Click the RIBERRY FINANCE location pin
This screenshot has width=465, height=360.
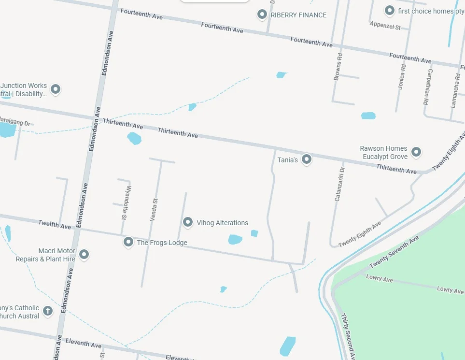[262, 14]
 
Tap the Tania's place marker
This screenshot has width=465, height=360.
[306, 159]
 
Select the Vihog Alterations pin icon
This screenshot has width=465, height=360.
[188, 222]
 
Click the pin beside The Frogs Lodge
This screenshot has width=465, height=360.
[128, 242]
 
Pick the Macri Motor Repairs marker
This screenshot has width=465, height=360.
[84, 254]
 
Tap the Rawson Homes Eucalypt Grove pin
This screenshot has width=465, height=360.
[416, 152]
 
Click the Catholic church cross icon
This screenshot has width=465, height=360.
[48, 311]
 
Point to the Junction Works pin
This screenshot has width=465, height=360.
[56, 89]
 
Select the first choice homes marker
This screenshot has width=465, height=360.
[389, 10]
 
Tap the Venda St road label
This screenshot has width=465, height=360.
[154, 210]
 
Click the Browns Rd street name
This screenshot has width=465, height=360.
[338, 67]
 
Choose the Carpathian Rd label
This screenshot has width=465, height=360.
[426, 87]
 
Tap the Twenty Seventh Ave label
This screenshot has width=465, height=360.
[394, 253]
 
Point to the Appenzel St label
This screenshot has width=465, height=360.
[385, 26]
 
